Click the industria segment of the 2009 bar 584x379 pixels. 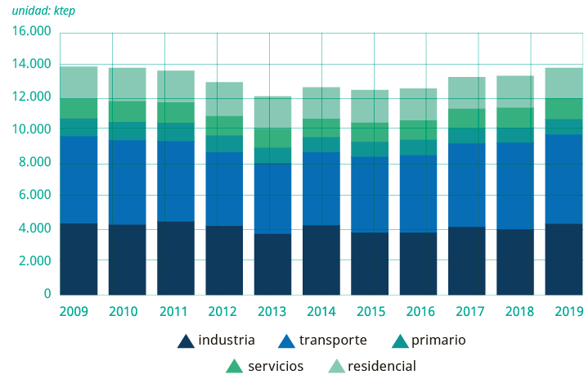(x=79, y=259)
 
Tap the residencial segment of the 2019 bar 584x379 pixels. (x=563, y=83)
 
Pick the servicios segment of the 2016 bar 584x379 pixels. (x=418, y=130)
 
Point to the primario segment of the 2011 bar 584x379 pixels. (x=176, y=132)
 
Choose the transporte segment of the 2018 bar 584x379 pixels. (x=514, y=186)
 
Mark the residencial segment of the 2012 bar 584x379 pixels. (x=224, y=99)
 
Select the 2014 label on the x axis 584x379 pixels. (x=321, y=311)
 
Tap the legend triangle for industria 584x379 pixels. (x=186, y=341)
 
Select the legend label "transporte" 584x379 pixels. (x=333, y=341)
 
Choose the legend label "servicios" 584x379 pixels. (x=276, y=366)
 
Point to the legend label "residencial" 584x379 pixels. (x=381, y=366)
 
